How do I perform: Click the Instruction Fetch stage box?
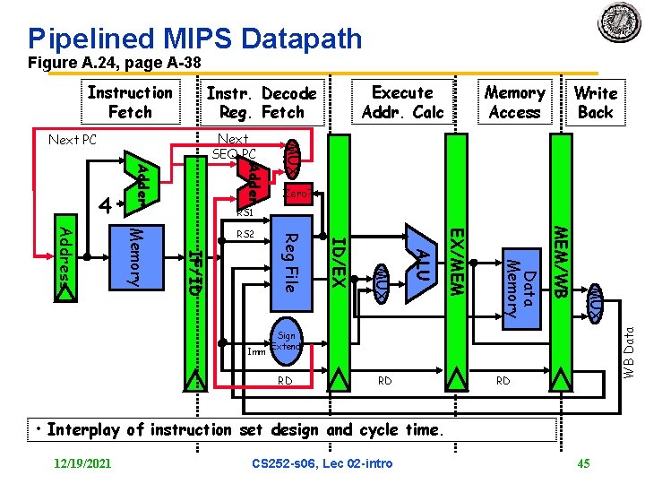point(130,102)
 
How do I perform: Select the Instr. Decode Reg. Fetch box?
point(261,103)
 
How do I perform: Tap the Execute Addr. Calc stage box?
point(402,102)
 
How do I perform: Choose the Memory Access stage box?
point(514,102)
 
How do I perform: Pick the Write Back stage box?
point(595,102)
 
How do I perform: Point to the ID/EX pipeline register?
point(337,260)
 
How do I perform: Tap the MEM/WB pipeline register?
point(560,260)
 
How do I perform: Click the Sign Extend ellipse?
point(286,341)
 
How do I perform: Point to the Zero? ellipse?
point(297,194)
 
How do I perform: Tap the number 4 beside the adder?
point(105,206)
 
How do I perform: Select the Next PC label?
point(72,141)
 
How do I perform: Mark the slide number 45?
point(585,462)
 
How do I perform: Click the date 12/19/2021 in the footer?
point(82,462)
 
